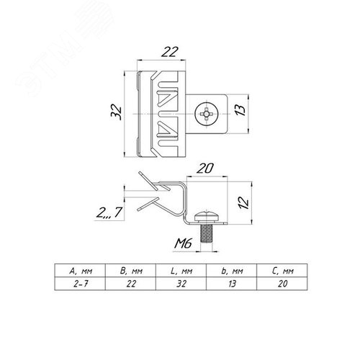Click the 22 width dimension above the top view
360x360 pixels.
(170, 52)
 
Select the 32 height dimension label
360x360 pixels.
(117, 112)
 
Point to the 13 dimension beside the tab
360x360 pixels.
(240, 110)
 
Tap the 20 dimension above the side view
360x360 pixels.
(205, 168)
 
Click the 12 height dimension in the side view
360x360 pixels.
(243, 203)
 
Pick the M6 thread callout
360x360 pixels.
(184, 243)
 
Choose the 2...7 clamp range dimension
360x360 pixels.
(109, 212)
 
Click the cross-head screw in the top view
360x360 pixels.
(206, 113)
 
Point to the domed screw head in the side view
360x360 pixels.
(207, 217)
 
